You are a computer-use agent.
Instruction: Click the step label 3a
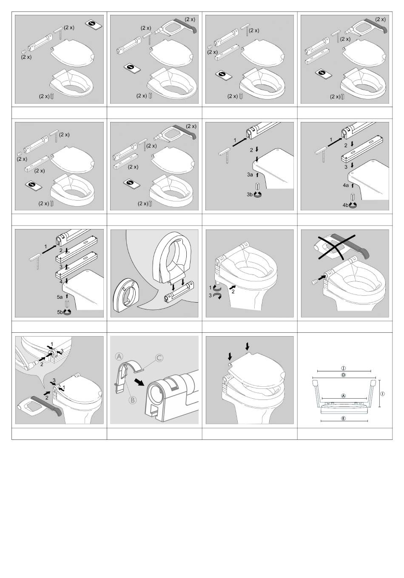(250, 175)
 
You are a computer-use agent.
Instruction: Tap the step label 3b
(249, 195)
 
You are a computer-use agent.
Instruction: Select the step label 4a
(346, 185)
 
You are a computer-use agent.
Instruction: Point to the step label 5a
(60, 297)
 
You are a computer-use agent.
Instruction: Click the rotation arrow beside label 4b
(353, 205)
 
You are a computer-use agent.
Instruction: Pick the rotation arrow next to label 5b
(67, 312)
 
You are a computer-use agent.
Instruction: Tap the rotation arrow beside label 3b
(257, 195)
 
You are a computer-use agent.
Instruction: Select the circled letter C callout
(159, 358)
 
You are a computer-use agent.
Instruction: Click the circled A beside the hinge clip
(119, 357)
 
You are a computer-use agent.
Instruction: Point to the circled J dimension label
(343, 368)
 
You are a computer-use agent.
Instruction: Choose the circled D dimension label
(343, 375)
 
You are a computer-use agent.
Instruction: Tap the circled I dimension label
(383, 394)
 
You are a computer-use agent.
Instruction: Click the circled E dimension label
(343, 418)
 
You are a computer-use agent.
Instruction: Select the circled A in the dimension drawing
(343, 396)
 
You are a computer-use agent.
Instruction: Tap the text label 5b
(60, 312)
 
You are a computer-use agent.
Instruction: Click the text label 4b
(346, 205)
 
